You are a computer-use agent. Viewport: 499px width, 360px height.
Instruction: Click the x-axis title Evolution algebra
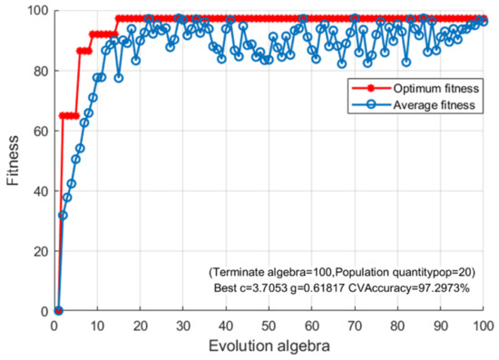(x=269, y=345)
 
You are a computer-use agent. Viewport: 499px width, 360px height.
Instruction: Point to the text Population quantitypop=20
(x=404, y=270)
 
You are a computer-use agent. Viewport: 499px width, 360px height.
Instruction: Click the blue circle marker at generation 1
(x=58, y=311)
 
